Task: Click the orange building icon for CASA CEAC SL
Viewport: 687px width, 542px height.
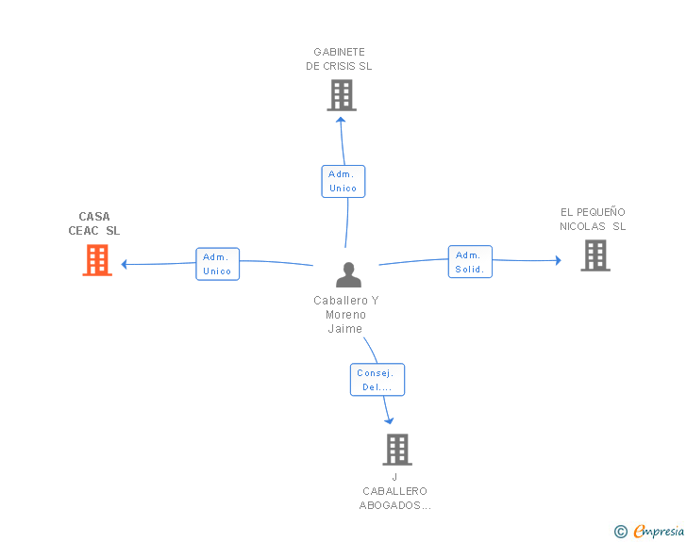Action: [x=97, y=260]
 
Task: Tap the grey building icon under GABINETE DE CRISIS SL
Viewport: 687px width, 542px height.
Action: [x=342, y=95]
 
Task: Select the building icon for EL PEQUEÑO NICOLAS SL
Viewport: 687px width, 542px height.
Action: [x=595, y=255]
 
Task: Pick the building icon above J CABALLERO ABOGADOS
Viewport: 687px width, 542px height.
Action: [x=397, y=450]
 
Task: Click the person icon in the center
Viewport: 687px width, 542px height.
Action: [x=348, y=274]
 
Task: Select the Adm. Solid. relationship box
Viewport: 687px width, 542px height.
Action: [x=469, y=262]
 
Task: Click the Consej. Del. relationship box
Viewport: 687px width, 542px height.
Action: [x=377, y=380]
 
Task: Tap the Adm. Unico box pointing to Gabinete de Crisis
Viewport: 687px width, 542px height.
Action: [x=343, y=181]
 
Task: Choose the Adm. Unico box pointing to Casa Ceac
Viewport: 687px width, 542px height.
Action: [x=217, y=264]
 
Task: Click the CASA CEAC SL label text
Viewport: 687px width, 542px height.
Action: [x=94, y=223]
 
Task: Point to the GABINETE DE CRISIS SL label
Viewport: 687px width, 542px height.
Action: [x=339, y=59]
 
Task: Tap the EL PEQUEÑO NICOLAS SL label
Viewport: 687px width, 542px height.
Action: [x=593, y=219]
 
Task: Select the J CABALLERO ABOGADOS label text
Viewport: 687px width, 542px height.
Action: [x=394, y=491]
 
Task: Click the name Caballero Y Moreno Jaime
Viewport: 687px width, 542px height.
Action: [x=345, y=314]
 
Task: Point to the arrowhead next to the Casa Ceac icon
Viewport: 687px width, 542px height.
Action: [x=125, y=264]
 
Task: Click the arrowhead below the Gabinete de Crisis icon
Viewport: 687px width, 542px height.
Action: [x=342, y=119]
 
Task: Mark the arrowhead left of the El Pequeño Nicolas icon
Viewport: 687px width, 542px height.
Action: [x=558, y=260]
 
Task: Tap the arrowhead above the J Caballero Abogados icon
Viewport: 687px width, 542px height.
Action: [x=388, y=420]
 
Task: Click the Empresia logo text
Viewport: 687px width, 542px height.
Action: [x=658, y=532]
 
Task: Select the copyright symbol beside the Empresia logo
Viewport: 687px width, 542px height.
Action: [x=620, y=533]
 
